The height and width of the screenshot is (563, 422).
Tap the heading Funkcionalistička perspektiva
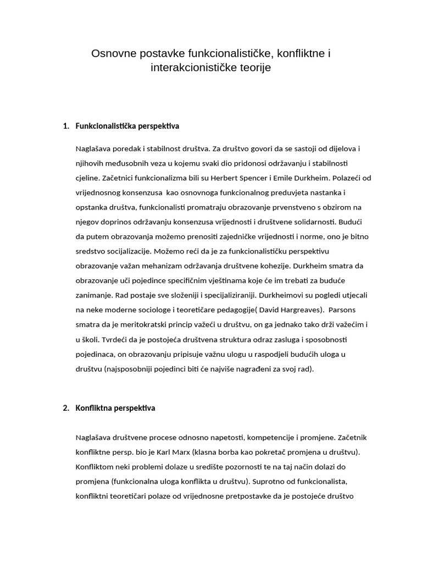click(127, 126)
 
